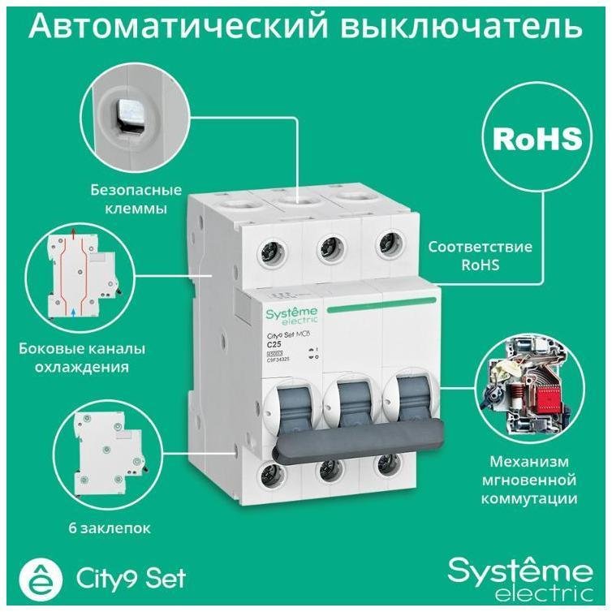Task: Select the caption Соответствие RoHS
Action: click(x=481, y=254)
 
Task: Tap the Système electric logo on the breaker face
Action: click(x=292, y=317)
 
